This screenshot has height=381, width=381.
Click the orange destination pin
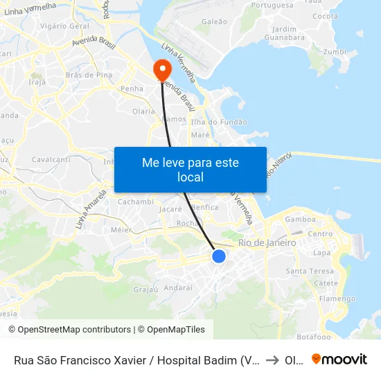pyautogui.click(x=162, y=68)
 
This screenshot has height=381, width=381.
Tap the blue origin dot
pyautogui.click(x=219, y=256)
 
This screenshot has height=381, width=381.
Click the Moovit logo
pyautogui.click(x=339, y=360)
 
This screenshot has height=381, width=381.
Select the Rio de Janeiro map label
pyautogui.click(x=267, y=243)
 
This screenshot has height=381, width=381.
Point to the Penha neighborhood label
pyautogui.click(x=132, y=89)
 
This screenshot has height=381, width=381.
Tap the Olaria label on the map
pyautogui.click(x=143, y=111)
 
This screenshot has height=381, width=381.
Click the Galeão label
pyautogui.click(x=214, y=21)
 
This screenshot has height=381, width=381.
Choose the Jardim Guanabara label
pyautogui.click(x=285, y=33)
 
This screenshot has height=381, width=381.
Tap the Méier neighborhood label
pyautogui.click(x=121, y=229)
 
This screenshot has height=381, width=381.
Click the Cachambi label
pyautogui.click(x=136, y=202)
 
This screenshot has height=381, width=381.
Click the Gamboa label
pyautogui.click(x=300, y=219)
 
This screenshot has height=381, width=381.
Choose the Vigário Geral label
pyautogui.click(x=64, y=26)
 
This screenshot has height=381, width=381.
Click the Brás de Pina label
pyautogui.click(x=88, y=75)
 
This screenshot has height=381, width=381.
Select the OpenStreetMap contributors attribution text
pyautogui.click(x=70, y=330)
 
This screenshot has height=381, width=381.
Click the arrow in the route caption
pyautogui.click(x=272, y=360)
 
